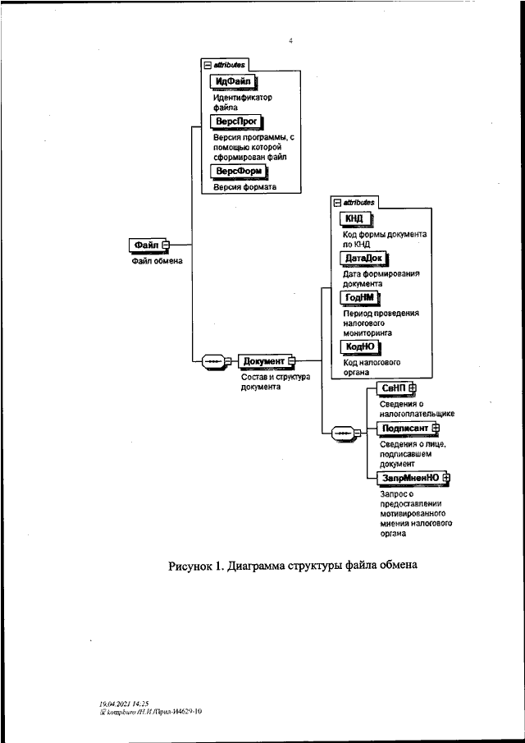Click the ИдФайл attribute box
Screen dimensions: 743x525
233,81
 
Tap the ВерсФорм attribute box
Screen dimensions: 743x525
239,171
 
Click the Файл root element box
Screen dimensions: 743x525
146,245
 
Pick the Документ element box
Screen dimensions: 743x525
263,361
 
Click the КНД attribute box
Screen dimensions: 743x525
355,218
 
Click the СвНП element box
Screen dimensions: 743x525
393,388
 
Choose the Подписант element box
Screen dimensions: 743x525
404,428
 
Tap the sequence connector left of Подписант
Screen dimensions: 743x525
340,432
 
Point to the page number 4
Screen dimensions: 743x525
290,39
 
